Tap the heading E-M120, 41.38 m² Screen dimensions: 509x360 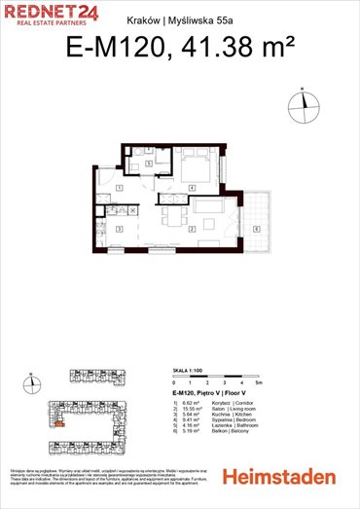pyautogui.click(x=180, y=48)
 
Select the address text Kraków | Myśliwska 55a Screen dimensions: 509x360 pyautogui.click(x=179, y=18)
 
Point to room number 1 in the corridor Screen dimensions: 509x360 pyautogui.click(x=118, y=187)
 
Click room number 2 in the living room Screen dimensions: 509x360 pyautogui.click(x=192, y=228)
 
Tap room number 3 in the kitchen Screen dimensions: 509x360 pyautogui.click(x=118, y=228)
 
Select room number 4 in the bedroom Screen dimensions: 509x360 pyautogui.click(x=193, y=187)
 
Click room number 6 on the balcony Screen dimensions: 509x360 pyautogui.click(x=255, y=228)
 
